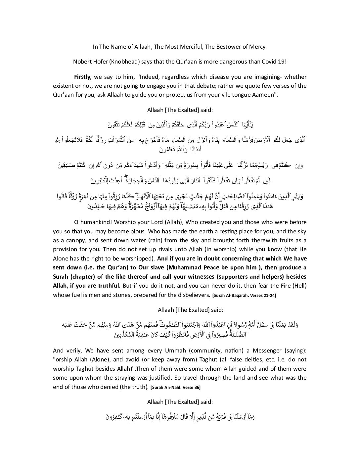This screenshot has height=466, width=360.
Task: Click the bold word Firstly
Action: point(83,77)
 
